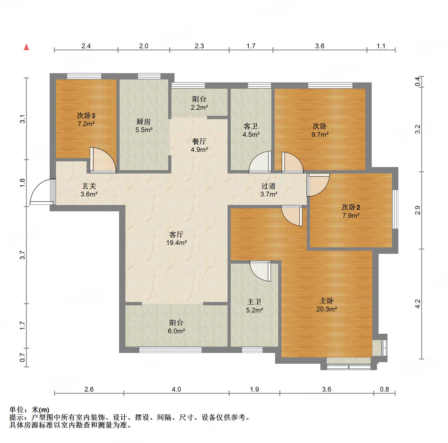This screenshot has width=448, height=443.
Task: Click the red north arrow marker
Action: pyautogui.click(x=26, y=47)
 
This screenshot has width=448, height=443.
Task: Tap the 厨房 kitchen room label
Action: pyautogui.click(x=144, y=122)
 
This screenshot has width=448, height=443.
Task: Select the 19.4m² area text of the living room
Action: pyautogui.click(x=177, y=243)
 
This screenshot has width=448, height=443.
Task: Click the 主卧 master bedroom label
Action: pyautogui.click(x=327, y=301)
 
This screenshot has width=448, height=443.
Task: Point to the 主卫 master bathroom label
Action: pyautogui.click(x=254, y=302)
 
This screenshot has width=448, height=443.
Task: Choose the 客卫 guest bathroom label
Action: pyautogui.click(x=251, y=126)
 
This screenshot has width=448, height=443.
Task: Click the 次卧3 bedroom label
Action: pyautogui.click(x=86, y=115)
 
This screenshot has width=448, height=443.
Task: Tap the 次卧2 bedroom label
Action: pyautogui.click(x=351, y=207)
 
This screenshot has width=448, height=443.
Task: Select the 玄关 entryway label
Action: pyautogui.click(x=89, y=186)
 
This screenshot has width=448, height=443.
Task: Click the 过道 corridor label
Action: pyautogui.click(x=268, y=186)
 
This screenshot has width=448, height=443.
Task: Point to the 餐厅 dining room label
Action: pyautogui.click(x=199, y=141)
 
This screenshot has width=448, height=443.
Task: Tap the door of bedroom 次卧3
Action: pyautogui.click(x=103, y=160)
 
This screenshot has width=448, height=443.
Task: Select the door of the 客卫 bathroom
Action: pyautogui.click(x=260, y=162)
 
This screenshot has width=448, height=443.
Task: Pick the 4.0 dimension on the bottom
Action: pyautogui.click(x=176, y=389)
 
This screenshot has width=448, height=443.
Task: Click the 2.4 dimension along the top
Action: pyautogui.click(x=86, y=46)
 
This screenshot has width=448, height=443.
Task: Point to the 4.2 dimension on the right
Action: pyautogui.click(x=417, y=304)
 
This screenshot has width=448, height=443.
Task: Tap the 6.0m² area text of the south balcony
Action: pyautogui.click(x=176, y=331)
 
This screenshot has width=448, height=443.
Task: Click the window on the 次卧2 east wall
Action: pyautogui.click(x=395, y=209)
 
